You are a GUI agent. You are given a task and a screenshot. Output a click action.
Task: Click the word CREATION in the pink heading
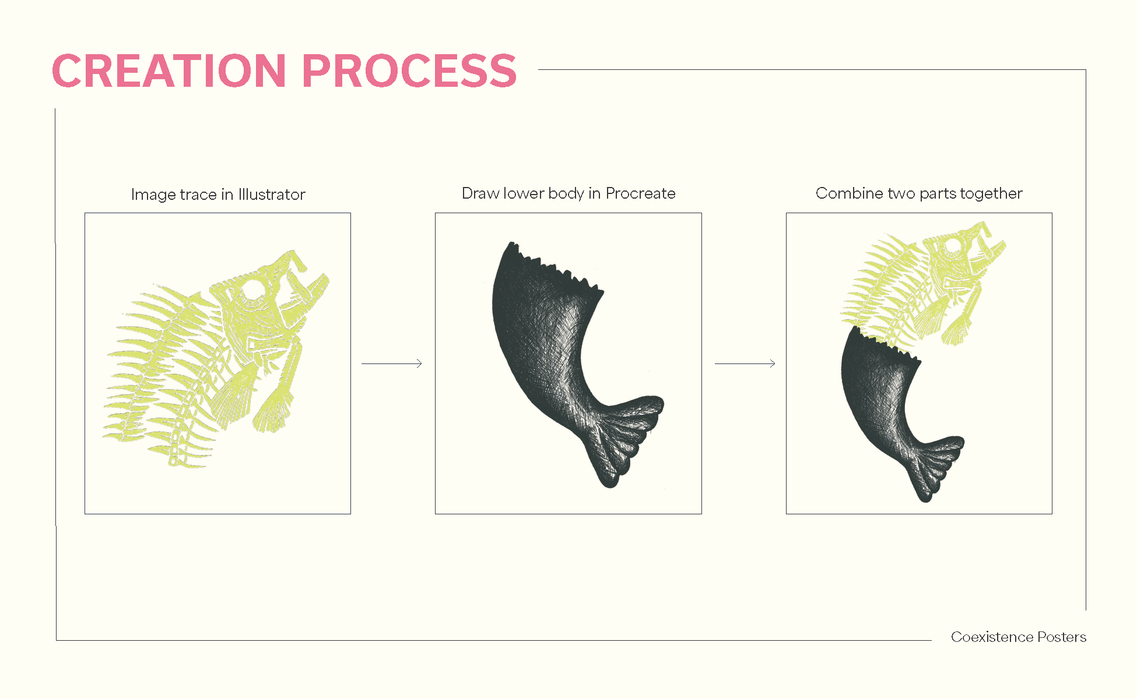(169, 71)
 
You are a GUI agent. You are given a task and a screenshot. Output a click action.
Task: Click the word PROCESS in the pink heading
(409, 71)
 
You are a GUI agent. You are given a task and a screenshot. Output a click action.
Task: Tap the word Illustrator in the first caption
(272, 195)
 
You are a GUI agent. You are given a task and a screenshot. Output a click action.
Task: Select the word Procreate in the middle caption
(640, 193)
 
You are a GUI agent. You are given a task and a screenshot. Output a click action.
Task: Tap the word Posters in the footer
(1062, 637)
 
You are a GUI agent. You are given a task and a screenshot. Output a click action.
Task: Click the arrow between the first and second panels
(392, 363)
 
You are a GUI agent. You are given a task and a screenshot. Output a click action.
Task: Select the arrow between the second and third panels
(745, 363)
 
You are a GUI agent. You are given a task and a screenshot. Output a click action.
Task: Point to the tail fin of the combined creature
(936, 463)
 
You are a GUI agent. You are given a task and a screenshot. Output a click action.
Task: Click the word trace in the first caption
(198, 195)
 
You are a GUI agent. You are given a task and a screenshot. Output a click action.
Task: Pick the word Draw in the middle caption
(480, 193)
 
